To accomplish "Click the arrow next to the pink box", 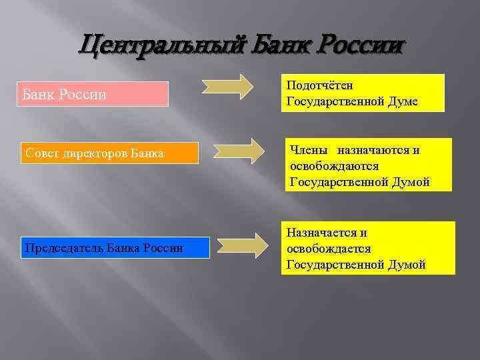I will pos(227,87).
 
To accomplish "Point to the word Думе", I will pos(403,101).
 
